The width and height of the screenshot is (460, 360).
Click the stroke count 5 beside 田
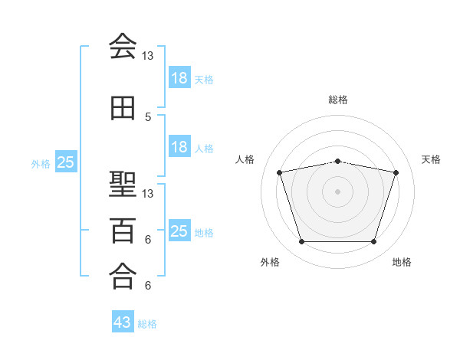tap(147, 117)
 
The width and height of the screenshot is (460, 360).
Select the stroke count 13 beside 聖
tap(147, 193)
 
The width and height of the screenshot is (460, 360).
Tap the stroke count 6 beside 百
tap(147, 240)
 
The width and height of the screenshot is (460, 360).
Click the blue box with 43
tap(123, 322)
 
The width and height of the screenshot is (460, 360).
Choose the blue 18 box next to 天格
tap(179, 78)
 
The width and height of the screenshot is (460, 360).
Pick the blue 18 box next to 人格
tap(179, 147)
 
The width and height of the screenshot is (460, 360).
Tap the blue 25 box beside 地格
tap(179, 231)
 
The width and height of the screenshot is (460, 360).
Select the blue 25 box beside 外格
tap(65, 162)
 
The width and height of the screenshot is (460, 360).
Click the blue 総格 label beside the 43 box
tap(148, 323)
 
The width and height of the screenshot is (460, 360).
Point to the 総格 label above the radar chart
tap(337, 100)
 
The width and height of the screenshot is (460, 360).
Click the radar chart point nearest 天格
tap(396, 172)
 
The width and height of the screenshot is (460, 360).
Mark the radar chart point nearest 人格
tap(279, 172)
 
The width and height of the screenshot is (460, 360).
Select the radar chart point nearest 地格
tap(373, 242)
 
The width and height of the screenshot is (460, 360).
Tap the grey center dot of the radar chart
tap(337, 191)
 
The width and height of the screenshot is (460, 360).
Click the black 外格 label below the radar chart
tap(270, 262)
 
